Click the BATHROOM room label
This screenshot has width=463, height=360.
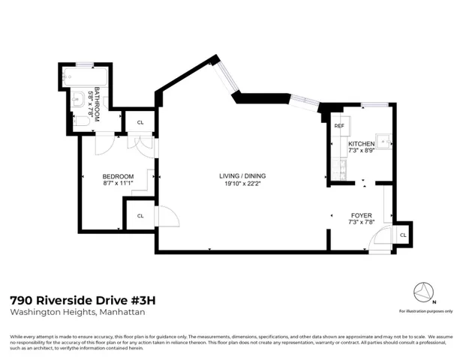tap(97, 99)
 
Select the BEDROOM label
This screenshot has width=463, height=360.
tap(119, 176)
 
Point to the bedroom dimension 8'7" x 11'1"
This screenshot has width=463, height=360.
tap(119, 183)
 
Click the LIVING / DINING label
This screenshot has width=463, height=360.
tap(242, 176)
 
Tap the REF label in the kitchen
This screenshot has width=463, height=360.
tap(339, 126)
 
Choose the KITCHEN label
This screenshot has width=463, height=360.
tap(361, 143)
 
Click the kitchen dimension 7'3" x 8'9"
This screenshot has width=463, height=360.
tap(361, 150)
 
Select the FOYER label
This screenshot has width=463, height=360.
tap(361, 214)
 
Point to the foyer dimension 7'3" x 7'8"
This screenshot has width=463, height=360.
tap(361, 221)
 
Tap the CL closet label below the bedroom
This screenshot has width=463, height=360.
tap(140, 216)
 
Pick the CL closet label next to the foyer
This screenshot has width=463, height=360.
tap(403, 234)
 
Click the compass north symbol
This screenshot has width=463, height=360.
tap(425, 292)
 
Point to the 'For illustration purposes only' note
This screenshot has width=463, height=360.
tap(425, 310)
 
